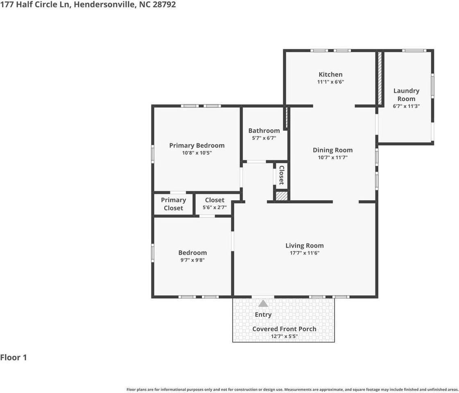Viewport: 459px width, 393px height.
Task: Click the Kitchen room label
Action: click(x=330, y=75)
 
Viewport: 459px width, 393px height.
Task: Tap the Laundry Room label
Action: click(x=406, y=95)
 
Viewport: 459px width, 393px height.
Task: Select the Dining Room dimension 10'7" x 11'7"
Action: click(x=332, y=157)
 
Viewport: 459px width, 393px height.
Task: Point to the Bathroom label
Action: click(x=264, y=131)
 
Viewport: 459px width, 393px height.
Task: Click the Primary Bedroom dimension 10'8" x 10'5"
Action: click(x=197, y=153)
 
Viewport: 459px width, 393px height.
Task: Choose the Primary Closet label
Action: click(x=173, y=204)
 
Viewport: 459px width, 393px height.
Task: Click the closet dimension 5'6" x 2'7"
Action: click(x=215, y=208)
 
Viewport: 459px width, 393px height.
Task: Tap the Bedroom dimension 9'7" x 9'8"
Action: click(x=192, y=260)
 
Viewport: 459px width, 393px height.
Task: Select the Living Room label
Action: click(x=305, y=246)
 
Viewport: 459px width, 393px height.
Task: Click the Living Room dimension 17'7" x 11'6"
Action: click(x=305, y=253)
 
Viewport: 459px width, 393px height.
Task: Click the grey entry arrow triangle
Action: click(x=263, y=303)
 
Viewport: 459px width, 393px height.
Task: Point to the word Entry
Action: click(x=263, y=314)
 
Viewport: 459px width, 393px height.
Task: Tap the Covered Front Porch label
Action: click(x=284, y=329)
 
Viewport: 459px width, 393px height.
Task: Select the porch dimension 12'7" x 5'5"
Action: click(x=284, y=337)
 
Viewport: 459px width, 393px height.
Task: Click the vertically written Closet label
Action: click(x=282, y=175)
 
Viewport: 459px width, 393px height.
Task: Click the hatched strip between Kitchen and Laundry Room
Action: click(x=380, y=78)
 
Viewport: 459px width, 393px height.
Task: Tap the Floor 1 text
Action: click(x=14, y=357)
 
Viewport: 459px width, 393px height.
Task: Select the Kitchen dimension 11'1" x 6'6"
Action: click(x=330, y=82)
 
